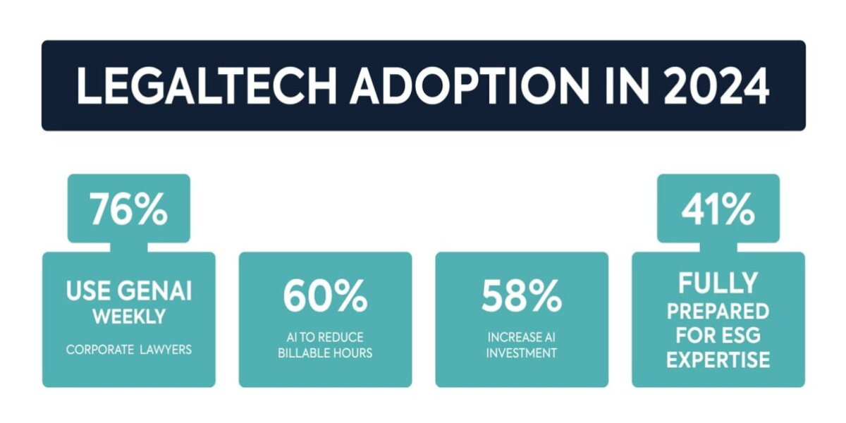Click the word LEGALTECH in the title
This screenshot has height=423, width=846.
tap(207, 86)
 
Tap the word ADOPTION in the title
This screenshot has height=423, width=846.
tap(470, 86)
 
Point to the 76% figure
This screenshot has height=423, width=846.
tap(128, 209)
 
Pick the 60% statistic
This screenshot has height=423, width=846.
tap(325, 295)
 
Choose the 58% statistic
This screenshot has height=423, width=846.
tap(522, 295)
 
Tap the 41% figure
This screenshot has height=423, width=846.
tap(718, 209)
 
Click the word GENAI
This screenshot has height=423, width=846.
tap(154, 290)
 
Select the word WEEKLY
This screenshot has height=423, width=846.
tap(129, 317)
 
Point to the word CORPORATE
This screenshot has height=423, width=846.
tap(99, 350)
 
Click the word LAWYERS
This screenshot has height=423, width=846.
tap(166, 350)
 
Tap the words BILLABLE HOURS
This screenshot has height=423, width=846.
tap(325, 353)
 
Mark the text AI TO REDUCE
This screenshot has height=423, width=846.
tap(325, 337)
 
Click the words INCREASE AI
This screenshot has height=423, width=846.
tap(522, 337)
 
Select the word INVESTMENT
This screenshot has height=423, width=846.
tap(522, 353)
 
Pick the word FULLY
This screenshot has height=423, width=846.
tap(718, 283)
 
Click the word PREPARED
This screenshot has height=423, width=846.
tap(718, 311)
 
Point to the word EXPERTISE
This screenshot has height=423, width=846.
tap(718, 360)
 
